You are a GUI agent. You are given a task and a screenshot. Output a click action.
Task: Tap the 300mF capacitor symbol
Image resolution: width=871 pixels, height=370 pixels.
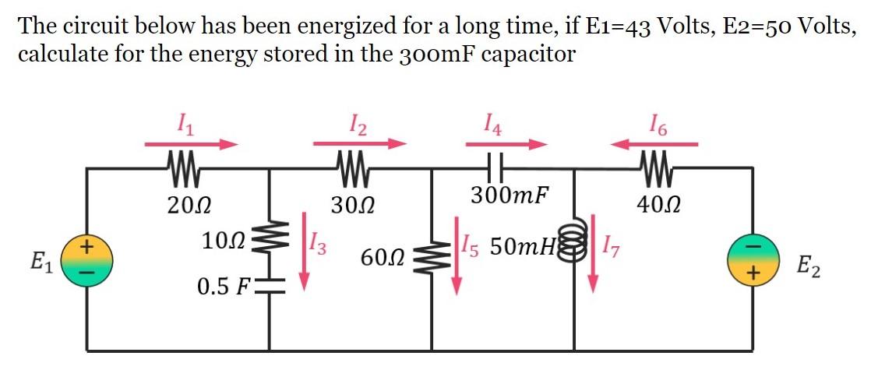(495, 167)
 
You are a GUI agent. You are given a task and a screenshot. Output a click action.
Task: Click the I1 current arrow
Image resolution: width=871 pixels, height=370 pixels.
(192, 144)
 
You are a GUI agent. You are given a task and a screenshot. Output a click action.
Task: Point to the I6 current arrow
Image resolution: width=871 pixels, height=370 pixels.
(654, 144)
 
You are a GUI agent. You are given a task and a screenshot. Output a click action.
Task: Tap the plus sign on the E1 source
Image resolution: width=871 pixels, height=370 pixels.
(86, 248)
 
